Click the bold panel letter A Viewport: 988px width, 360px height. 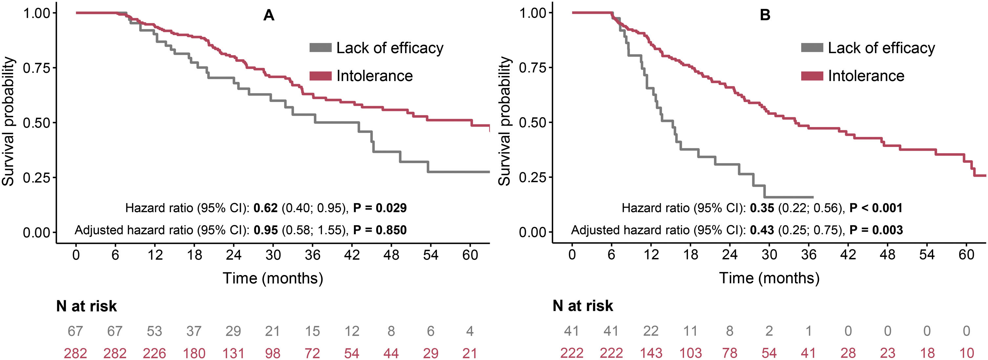268,15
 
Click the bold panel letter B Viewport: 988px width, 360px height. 765,15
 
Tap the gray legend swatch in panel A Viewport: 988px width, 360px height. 320,48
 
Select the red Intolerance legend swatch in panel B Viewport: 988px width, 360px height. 812,76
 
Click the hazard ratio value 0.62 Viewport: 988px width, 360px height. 266,208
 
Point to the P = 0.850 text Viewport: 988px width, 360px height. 380,230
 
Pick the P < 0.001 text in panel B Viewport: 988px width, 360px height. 876,208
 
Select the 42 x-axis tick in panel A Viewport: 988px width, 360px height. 352,255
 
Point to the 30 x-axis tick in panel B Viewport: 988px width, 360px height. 769,255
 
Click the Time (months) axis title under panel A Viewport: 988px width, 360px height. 273,278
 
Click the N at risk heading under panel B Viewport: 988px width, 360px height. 583,306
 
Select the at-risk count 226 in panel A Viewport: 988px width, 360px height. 154,353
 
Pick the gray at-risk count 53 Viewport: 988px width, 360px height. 154,331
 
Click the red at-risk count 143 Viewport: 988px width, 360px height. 651,353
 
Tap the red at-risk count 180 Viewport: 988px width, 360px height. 194,353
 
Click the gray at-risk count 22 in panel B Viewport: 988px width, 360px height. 651,331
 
